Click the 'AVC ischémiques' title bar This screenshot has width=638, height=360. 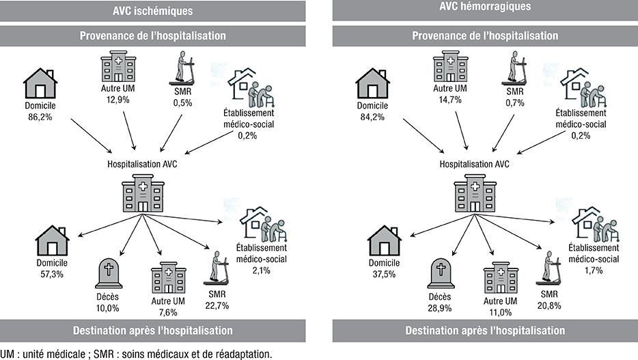point(152,10)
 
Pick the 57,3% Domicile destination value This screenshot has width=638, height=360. point(51,274)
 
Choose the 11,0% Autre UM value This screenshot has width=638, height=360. point(501,311)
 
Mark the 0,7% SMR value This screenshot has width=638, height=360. point(516,100)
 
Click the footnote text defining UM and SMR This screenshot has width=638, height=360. point(137,353)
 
